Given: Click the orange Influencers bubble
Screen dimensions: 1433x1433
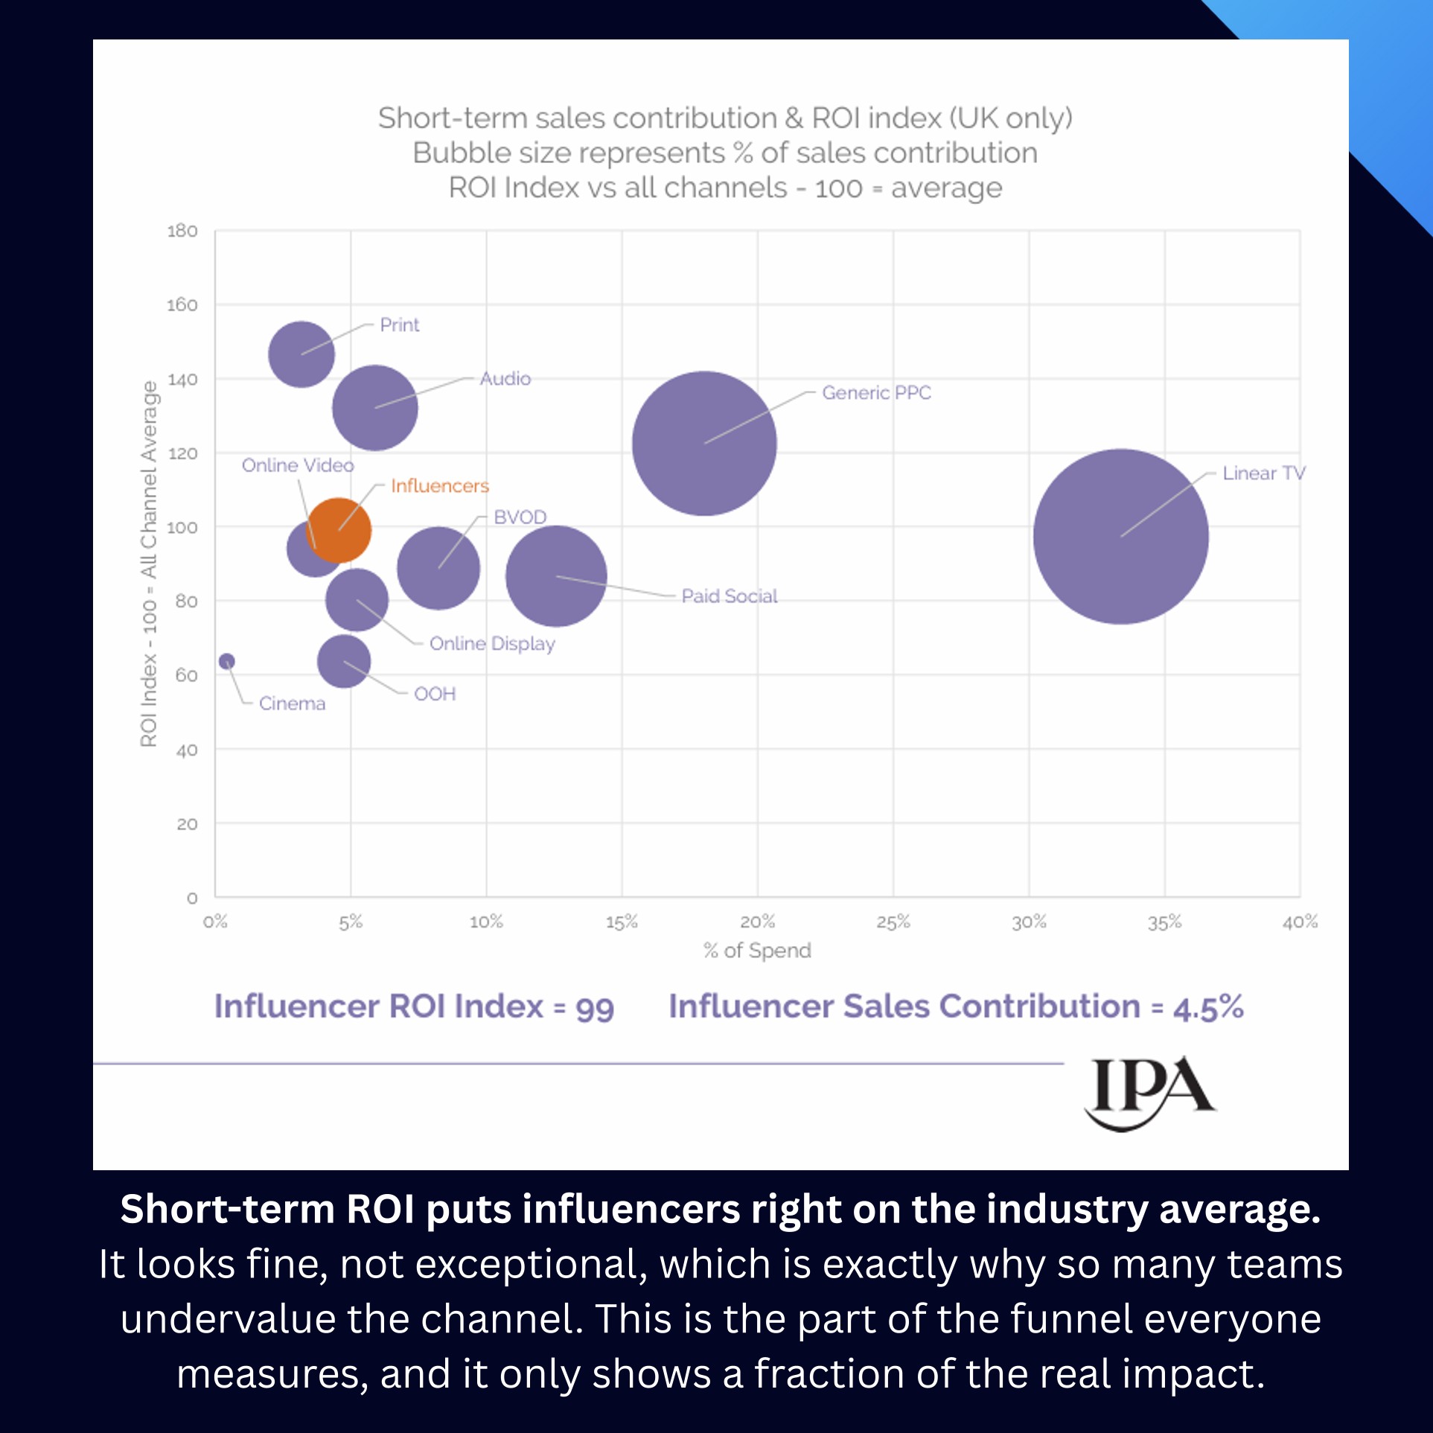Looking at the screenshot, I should (x=339, y=530).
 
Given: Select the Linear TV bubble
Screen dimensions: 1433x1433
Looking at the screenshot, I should (x=1120, y=536).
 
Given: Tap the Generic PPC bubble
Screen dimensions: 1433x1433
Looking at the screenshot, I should (x=703, y=443).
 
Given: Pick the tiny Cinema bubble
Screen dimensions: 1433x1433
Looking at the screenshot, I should (x=227, y=661).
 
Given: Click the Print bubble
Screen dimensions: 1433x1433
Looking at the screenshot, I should (x=301, y=354).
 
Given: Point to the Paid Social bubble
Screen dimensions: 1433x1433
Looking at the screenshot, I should (x=556, y=575).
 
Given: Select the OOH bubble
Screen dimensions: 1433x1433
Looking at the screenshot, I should (x=343, y=661).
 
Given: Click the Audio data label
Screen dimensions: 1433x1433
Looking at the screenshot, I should (x=505, y=379).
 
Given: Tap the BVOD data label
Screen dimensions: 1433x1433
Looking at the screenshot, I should (x=520, y=517).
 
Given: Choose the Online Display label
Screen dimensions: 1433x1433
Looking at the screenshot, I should (x=492, y=644).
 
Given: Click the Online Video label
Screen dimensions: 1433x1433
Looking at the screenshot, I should (x=298, y=465).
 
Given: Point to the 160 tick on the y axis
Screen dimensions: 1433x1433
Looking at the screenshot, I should (x=182, y=305).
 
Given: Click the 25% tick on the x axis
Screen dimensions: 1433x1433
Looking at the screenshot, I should (x=893, y=922).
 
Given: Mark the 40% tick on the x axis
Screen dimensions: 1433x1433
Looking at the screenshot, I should (x=1300, y=922).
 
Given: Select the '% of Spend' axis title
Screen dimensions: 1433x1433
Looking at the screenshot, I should (x=757, y=951).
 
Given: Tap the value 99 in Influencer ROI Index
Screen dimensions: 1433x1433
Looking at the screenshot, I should (x=595, y=1009).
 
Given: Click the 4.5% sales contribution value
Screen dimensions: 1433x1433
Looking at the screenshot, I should (x=1208, y=1008).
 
